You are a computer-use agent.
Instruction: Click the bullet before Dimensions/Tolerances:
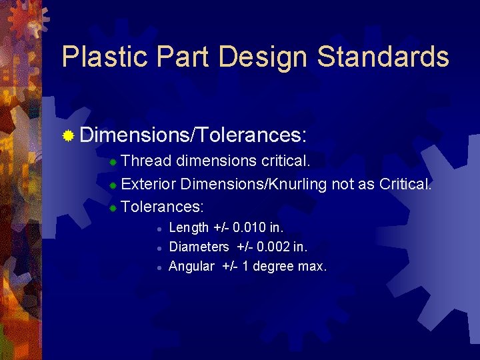click(x=68, y=137)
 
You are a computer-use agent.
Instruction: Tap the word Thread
click(x=147, y=162)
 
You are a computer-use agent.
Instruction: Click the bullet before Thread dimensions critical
click(x=113, y=163)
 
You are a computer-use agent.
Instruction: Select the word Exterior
click(x=149, y=184)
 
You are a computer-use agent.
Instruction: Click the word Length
click(x=189, y=227)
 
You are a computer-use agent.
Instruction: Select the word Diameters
click(x=199, y=247)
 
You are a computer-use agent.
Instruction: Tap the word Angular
click(x=192, y=266)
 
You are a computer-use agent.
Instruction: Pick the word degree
click(x=271, y=266)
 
